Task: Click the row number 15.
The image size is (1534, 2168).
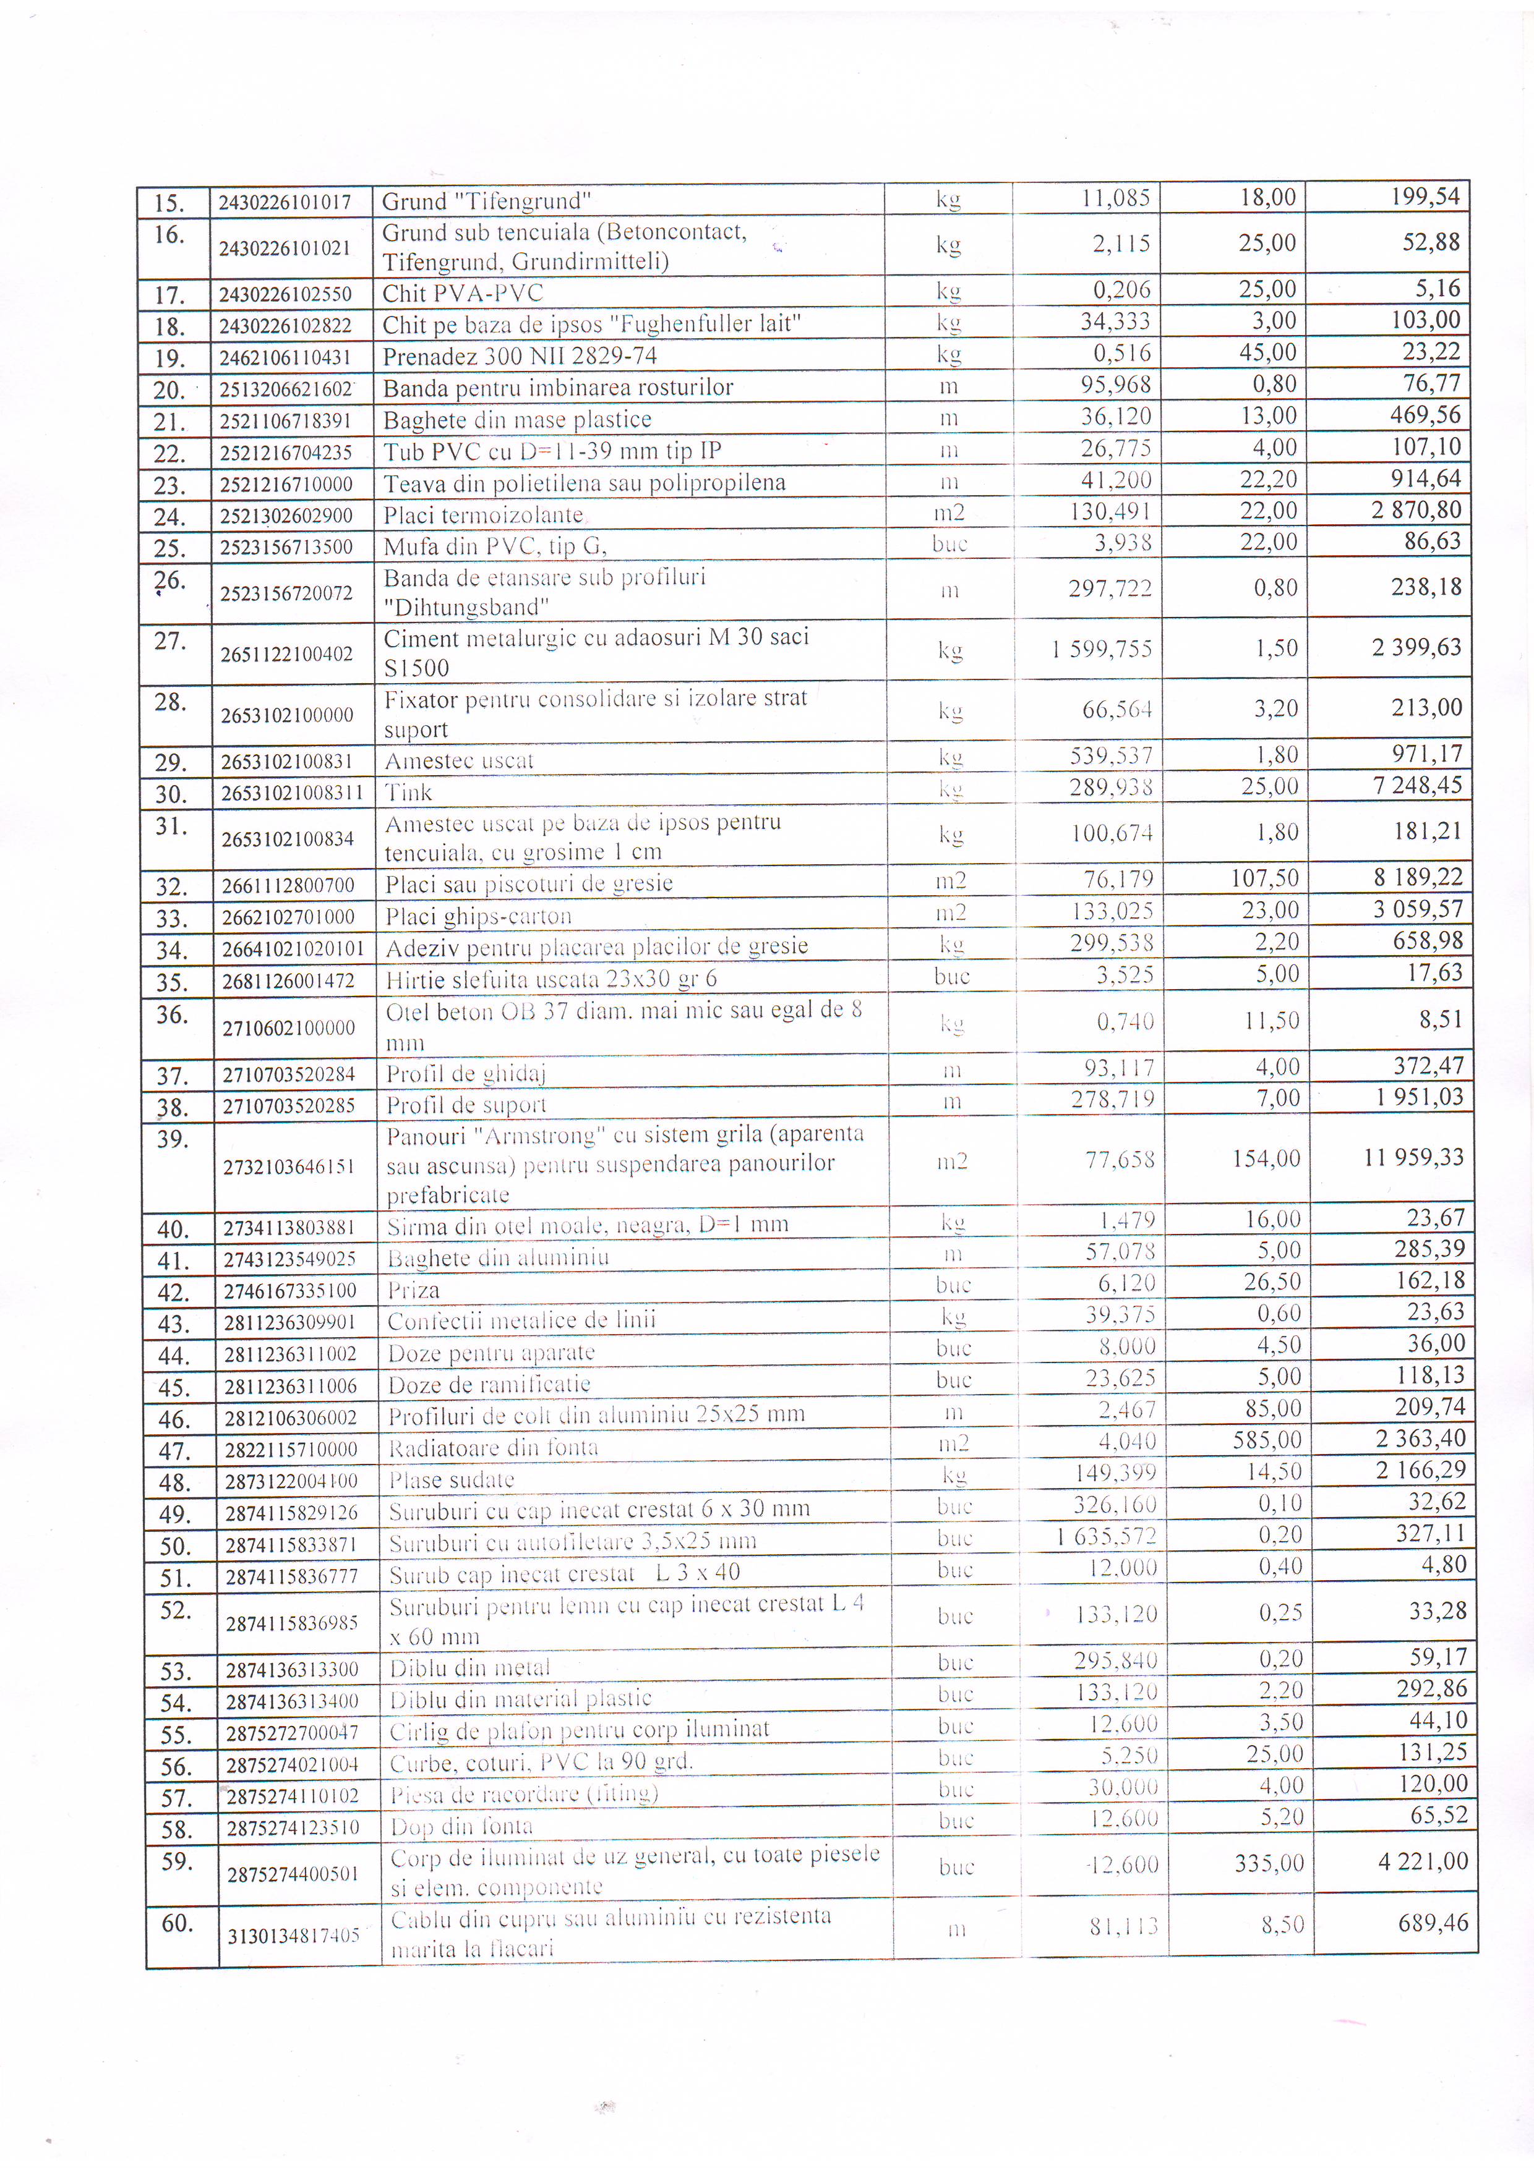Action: click(168, 203)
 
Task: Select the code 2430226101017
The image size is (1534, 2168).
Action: click(285, 202)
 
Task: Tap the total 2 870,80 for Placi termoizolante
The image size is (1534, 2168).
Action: click(1416, 511)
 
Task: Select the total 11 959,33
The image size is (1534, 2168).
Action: click(1413, 1158)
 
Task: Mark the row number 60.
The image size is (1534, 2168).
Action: click(177, 1923)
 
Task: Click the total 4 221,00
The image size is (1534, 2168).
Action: click(1423, 1862)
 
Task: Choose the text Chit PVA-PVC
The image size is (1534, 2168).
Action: click(462, 294)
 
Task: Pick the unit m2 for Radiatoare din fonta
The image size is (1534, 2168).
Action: click(954, 1443)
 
